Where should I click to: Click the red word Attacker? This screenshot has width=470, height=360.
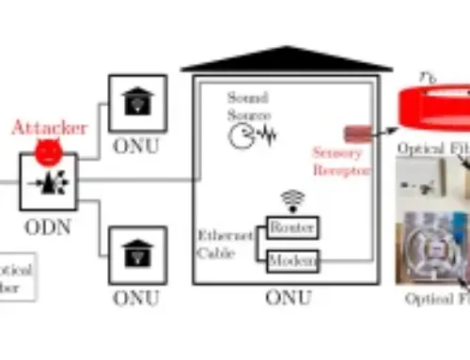[x=49, y=127]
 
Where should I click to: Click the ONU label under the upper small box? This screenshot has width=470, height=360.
[x=138, y=145]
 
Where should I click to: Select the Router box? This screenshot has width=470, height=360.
[x=292, y=227]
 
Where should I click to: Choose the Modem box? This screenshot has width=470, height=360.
[x=292, y=258]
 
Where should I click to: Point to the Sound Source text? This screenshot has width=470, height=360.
[x=247, y=105]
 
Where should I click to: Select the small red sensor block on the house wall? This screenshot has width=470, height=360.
[x=357, y=133]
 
